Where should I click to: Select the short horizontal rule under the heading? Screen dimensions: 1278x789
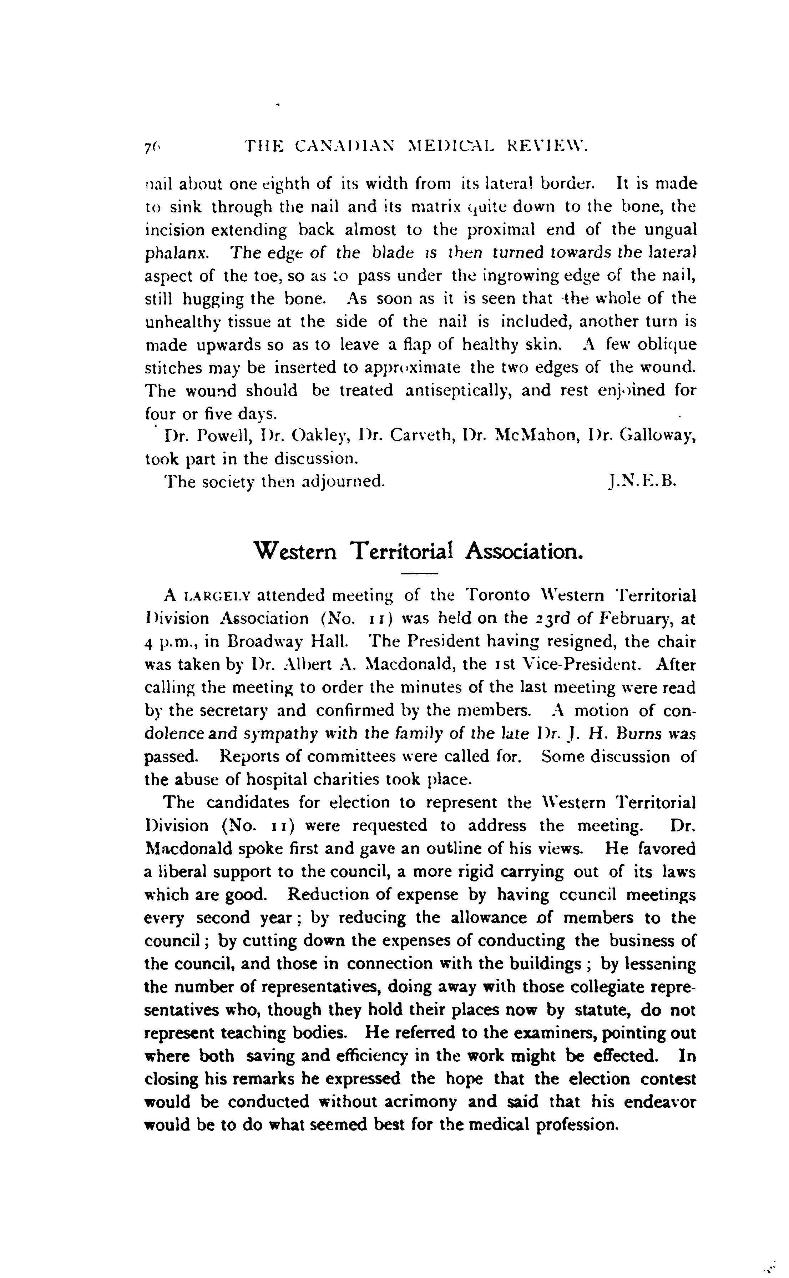[x=419, y=574]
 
